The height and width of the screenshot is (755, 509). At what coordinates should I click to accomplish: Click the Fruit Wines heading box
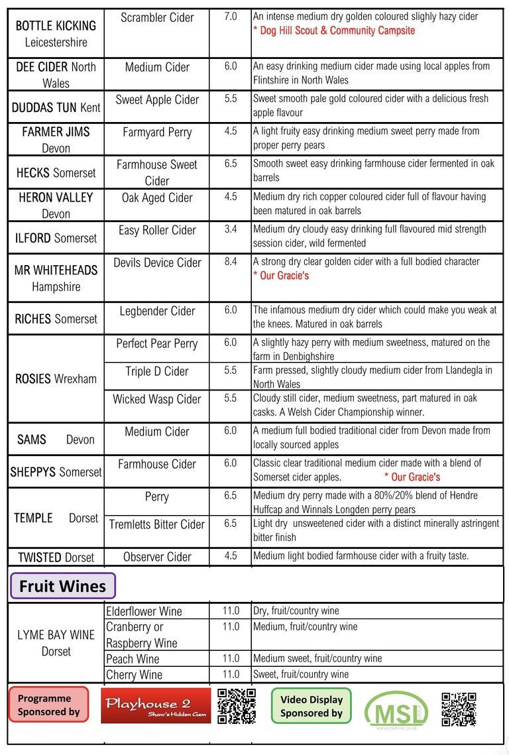click(62, 586)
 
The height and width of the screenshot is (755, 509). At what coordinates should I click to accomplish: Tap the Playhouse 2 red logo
click(156, 705)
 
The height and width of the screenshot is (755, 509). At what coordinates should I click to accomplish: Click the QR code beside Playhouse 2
click(237, 705)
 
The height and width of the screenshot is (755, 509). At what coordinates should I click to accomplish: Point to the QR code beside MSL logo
click(459, 709)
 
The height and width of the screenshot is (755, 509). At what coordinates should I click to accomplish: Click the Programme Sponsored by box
click(48, 705)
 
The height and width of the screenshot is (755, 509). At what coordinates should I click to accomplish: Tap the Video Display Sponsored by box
click(311, 706)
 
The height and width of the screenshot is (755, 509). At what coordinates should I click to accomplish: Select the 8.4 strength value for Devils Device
click(231, 262)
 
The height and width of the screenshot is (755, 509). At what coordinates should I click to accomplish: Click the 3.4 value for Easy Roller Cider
click(231, 229)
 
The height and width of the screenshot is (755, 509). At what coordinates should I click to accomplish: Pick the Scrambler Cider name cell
click(156, 17)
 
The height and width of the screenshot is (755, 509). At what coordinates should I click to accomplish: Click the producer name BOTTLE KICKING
click(56, 26)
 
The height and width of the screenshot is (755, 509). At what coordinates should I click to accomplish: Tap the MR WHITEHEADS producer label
click(56, 270)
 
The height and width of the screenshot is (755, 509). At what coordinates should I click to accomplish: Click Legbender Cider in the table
click(157, 311)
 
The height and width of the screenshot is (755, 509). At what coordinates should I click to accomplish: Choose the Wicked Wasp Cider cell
click(156, 399)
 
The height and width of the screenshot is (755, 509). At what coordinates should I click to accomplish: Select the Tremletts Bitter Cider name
click(156, 524)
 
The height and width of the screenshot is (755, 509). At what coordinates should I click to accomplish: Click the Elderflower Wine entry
click(144, 611)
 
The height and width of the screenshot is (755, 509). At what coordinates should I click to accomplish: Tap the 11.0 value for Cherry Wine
click(231, 674)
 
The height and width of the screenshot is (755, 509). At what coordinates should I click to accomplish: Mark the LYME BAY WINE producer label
click(56, 635)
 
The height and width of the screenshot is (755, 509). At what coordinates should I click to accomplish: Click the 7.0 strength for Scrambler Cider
click(231, 16)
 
